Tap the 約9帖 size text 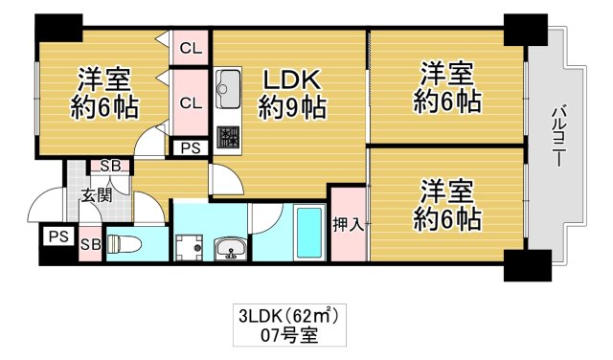(288, 107)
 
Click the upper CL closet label (191, 46)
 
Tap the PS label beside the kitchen (192, 148)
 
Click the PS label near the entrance (57, 236)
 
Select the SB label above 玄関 (111, 167)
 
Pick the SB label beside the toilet (92, 245)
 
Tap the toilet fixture (125, 244)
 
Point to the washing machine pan (189, 247)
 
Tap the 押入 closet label (348, 226)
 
